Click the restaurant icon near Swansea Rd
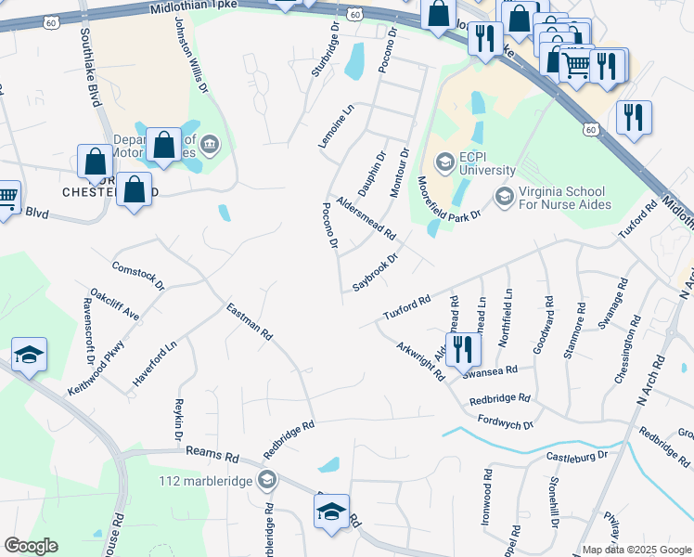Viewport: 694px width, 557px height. (461, 351)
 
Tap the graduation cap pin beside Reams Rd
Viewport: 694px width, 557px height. (331, 512)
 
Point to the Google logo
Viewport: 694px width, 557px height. (31, 546)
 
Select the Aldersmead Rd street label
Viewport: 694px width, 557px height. (366, 217)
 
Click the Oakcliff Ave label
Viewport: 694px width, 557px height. (115, 304)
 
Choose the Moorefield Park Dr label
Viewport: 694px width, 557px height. (449, 198)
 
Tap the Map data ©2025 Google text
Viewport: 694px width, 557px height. (636, 550)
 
